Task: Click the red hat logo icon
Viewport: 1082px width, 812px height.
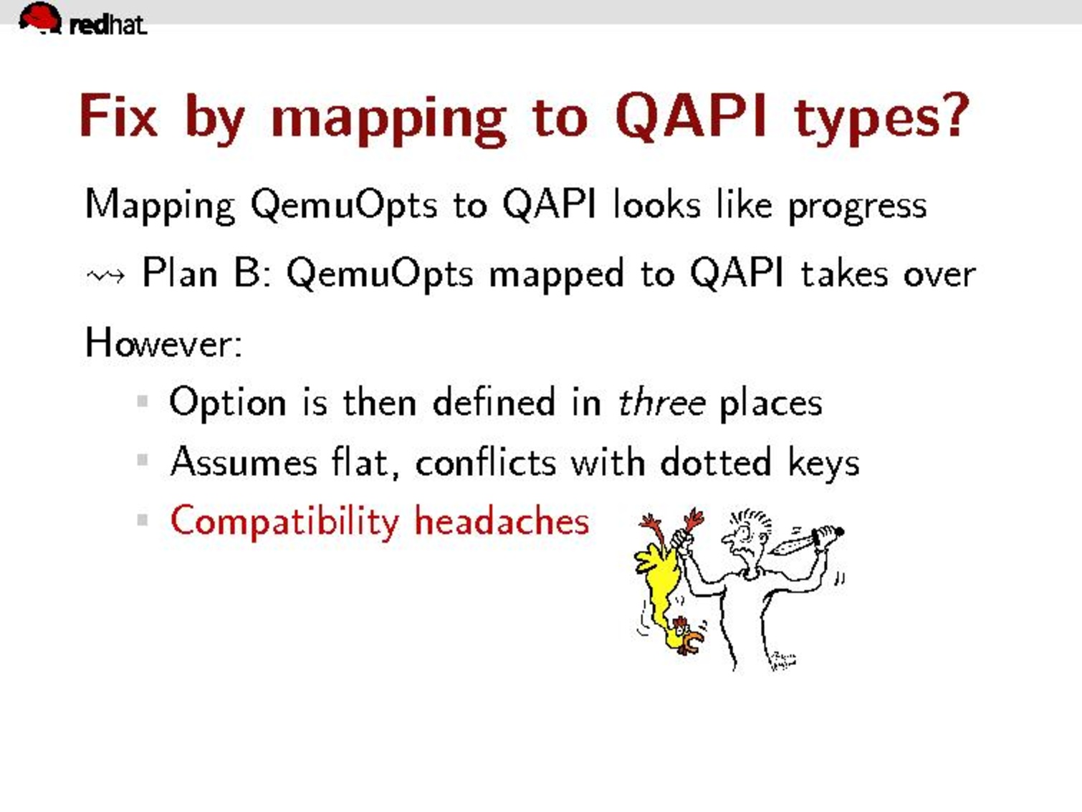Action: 40,18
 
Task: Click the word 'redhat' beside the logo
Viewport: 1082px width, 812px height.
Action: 108,24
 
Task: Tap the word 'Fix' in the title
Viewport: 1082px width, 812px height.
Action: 118,115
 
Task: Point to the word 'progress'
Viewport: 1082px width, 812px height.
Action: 858,207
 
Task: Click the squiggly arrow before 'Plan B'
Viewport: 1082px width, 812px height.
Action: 105,276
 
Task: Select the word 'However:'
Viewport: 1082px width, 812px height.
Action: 163,343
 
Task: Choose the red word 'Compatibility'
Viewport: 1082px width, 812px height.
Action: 284,522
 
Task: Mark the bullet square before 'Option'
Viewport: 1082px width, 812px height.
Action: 143,401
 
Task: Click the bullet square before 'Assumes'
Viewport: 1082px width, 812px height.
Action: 143,461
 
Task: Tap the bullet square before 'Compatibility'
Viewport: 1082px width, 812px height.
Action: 143,520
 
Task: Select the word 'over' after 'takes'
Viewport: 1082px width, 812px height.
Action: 939,275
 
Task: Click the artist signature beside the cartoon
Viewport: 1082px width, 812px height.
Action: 782,661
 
